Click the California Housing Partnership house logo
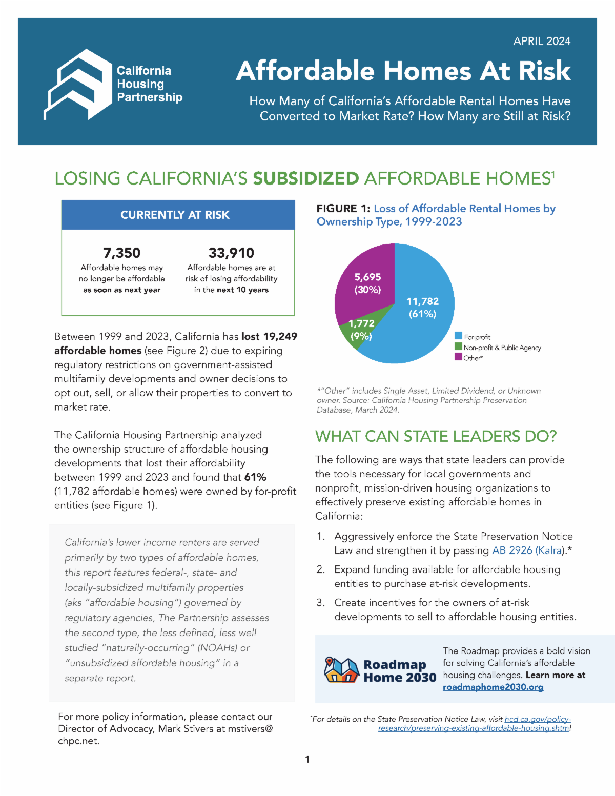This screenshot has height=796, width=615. pos(78,85)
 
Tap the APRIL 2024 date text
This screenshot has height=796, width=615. pos(542,42)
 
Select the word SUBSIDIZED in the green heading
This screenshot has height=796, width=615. pos(305,178)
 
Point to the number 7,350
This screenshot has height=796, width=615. pos(121,253)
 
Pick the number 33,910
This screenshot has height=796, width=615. pos(231,253)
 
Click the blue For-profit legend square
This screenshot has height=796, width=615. pos(459,336)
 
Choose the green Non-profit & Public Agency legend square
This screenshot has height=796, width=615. pos(459,346)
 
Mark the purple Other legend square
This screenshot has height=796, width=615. pos(459,357)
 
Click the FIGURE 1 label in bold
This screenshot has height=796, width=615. pos(343,209)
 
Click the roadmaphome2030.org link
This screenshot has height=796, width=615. pos(493,687)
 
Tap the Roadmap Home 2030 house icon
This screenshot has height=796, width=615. pos(341,670)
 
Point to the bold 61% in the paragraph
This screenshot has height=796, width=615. pos(255,477)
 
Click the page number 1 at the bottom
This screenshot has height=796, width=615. pos(307,759)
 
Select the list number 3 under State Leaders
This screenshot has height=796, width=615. pos(320,603)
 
